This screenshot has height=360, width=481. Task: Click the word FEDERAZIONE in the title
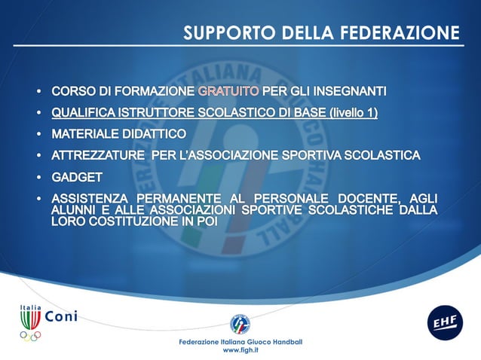click(x=400, y=33)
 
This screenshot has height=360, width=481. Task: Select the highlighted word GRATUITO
click(x=228, y=92)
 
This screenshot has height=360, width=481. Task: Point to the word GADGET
click(x=76, y=177)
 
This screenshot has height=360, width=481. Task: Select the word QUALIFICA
click(x=84, y=113)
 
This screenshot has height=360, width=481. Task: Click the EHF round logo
click(x=444, y=322)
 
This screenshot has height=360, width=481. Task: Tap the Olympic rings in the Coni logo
click(x=31, y=336)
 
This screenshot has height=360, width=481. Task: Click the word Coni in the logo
click(x=61, y=316)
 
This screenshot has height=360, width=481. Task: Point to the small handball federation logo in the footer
click(x=240, y=324)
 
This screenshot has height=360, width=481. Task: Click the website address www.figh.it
click(x=240, y=350)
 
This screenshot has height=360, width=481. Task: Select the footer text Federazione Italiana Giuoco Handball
click(x=240, y=342)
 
